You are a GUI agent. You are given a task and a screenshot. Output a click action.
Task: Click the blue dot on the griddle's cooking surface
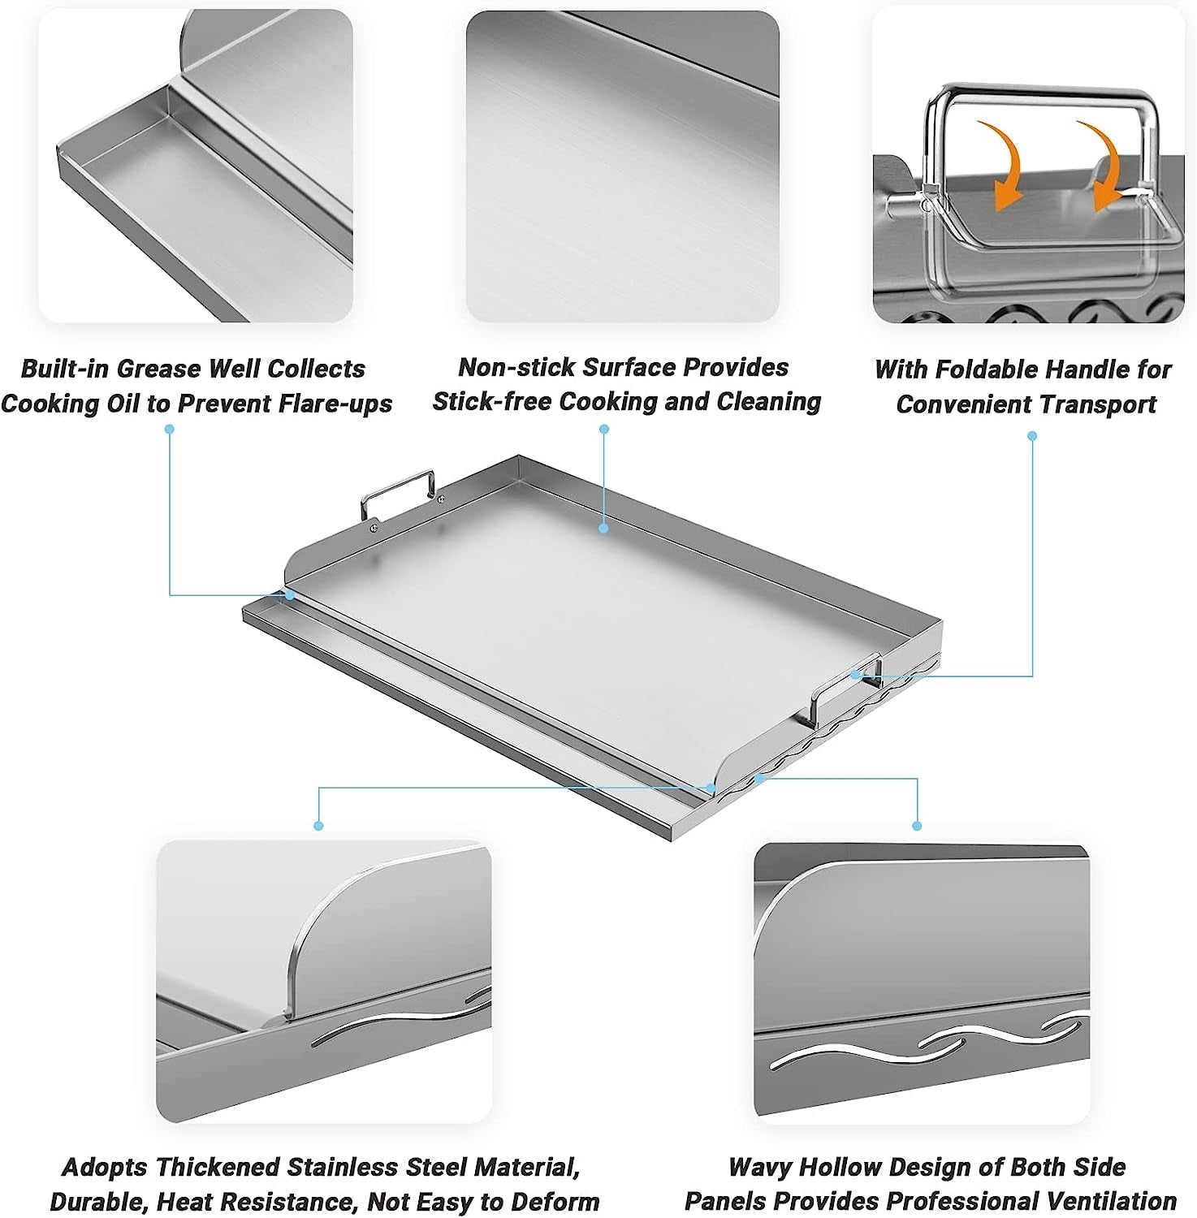(603, 529)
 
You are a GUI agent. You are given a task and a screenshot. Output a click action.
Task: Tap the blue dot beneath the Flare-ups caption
(170, 429)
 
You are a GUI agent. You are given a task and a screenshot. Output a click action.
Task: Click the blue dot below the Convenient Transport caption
(1032, 436)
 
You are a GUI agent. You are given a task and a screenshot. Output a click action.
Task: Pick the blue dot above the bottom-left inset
(318, 826)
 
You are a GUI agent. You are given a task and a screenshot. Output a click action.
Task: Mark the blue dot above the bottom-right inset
(917, 826)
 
